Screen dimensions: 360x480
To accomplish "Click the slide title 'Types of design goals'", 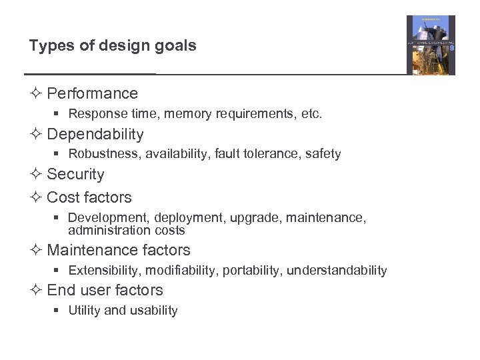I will tap(113, 46).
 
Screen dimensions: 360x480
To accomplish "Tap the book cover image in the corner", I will tap(431, 45).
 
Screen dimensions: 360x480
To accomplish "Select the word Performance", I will tap(93, 93).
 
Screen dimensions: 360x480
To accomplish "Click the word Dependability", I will tap(95, 134).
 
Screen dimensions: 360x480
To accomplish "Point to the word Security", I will tap(76, 174).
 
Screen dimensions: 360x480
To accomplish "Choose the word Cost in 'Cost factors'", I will tap(61, 197).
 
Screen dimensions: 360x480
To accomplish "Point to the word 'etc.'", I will tap(311, 114).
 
